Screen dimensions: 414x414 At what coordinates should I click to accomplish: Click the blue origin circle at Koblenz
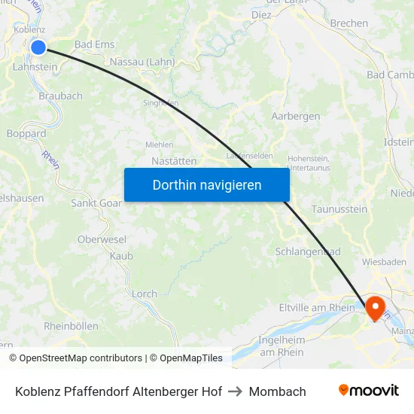point(38,47)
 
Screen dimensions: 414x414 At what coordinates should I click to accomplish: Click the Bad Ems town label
point(94,44)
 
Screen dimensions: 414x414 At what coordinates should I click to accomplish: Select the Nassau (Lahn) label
point(142,62)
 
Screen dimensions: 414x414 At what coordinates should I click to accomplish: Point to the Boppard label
point(26,133)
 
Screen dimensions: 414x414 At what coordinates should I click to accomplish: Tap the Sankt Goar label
point(96,202)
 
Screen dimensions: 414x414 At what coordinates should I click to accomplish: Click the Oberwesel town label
point(101,239)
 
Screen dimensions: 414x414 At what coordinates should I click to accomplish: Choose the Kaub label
point(121,256)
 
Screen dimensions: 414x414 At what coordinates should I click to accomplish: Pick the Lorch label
point(145,294)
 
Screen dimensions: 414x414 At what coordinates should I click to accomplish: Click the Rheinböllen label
point(71,326)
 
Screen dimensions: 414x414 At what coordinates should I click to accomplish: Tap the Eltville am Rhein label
point(317,307)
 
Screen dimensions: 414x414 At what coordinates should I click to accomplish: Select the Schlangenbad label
point(308,251)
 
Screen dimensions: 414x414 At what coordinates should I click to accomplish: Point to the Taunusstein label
point(339,209)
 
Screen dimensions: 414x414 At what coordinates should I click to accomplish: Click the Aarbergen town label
point(295,116)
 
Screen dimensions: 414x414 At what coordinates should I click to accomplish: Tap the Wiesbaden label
point(384,262)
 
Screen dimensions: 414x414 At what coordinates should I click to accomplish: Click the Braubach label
point(60,96)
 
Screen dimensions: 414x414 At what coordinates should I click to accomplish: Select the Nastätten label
point(174,160)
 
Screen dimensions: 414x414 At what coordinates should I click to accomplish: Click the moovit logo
point(369,391)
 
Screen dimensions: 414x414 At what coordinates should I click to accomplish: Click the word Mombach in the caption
point(277,391)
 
